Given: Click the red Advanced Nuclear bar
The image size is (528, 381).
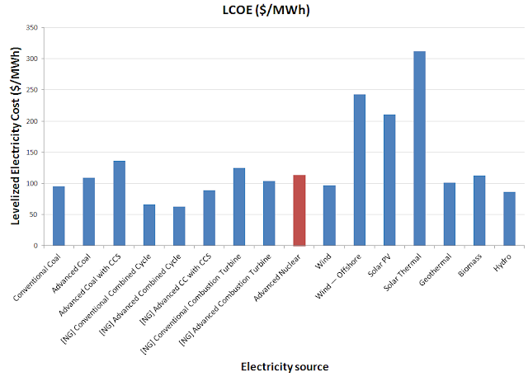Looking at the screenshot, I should pyautogui.click(x=299, y=210).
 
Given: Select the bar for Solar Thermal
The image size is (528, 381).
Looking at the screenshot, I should pyautogui.click(x=419, y=148).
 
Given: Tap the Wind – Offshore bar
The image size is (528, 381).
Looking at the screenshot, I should pyautogui.click(x=360, y=170).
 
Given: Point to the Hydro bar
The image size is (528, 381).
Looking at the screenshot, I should pyautogui.click(x=509, y=219).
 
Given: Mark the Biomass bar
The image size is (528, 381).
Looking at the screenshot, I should pyautogui.click(x=479, y=210).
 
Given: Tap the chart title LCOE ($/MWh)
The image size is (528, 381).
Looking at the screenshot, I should pyautogui.click(x=264, y=11).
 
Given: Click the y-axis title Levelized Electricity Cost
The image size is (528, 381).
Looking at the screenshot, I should pyautogui.click(x=16, y=136).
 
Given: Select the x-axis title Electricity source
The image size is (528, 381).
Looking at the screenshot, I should pyautogui.click(x=285, y=365).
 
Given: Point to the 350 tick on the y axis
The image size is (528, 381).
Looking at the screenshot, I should pyautogui.click(x=33, y=28).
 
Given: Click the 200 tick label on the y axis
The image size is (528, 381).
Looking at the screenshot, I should pyautogui.click(x=33, y=121).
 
